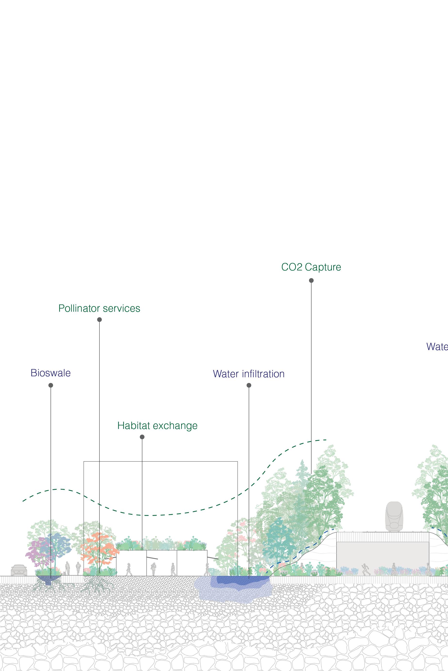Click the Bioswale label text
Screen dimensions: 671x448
point(50,373)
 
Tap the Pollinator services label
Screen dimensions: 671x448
point(99,308)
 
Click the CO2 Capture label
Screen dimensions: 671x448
point(311,267)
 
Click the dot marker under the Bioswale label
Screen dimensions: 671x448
point(51,386)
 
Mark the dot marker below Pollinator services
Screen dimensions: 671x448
point(99,320)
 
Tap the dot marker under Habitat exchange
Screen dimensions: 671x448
point(142,437)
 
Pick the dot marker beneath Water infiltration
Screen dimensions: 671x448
point(249,386)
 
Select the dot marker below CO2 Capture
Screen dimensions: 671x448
point(311,280)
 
